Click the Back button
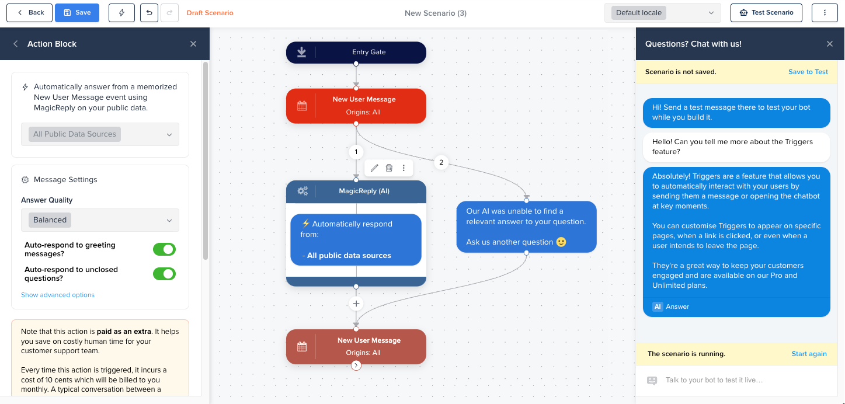29,12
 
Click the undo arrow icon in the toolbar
149,12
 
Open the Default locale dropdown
663,13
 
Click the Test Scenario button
766,12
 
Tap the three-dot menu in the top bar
825,12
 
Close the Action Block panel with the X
193,44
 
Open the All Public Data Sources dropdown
100,134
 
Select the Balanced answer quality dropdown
100,220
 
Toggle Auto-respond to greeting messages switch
164,250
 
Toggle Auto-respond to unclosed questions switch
164,274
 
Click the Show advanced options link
58,295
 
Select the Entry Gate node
356,52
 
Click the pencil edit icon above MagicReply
374,168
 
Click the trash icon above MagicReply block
389,168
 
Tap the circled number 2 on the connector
441,162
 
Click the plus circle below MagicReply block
356,304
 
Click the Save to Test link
808,72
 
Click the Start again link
809,354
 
